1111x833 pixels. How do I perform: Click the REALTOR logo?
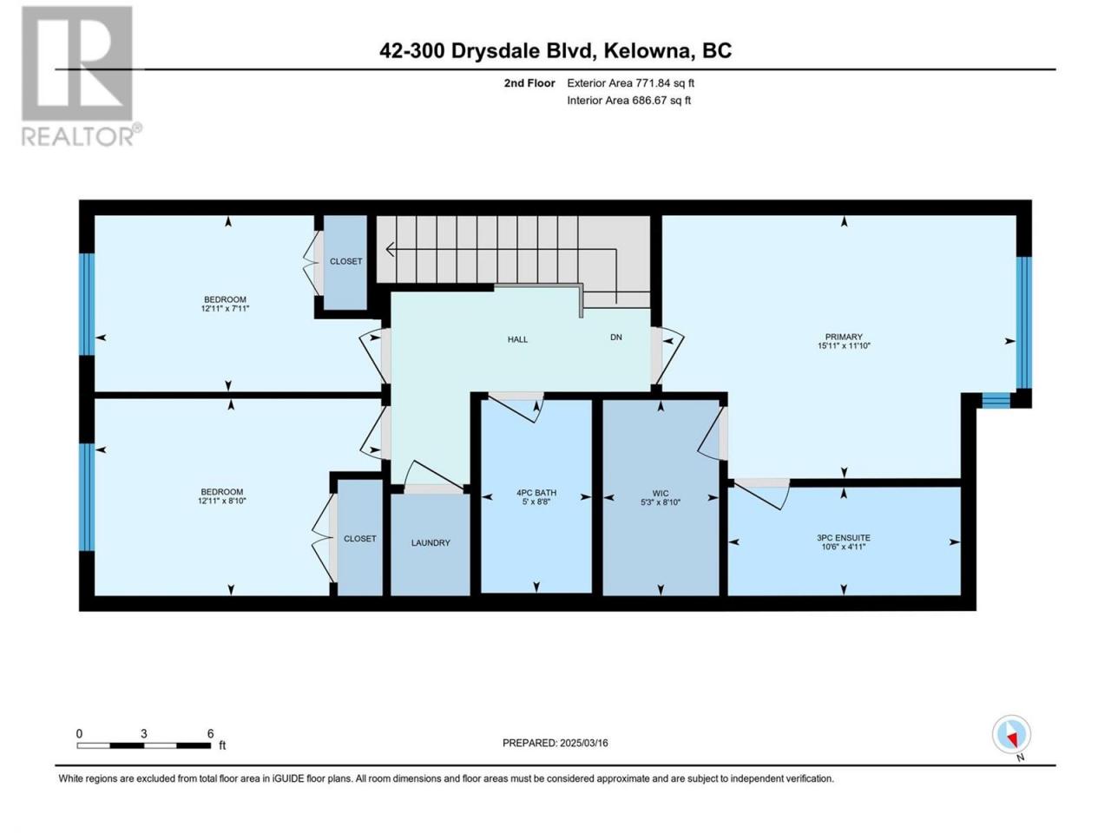pos(81,75)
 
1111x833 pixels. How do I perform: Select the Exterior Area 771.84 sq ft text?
pos(631,83)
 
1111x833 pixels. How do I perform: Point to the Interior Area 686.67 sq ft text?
pos(628,100)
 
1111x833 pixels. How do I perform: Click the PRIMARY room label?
pos(844,337)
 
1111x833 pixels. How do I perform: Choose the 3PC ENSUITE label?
pos(844,538)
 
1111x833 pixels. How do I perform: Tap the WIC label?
pos(660,493)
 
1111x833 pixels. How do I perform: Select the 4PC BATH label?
pos(536,493)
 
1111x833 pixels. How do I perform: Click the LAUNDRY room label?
pos(431,542)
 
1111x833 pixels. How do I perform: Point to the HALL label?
pos(517,339)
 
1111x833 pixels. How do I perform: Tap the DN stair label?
pos(615,338)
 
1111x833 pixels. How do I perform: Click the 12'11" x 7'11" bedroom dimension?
pos(225,309)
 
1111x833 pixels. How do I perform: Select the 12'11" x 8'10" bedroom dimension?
pos(221,501)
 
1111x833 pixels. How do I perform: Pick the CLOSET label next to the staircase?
pos(345,261)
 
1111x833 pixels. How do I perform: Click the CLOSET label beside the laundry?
pos(360,539)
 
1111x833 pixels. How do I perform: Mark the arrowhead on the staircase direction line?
pos(390,249)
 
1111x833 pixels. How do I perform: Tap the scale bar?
pos(144,745)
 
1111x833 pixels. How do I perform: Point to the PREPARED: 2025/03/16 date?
pos(555,743)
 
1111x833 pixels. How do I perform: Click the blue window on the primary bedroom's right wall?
pos(1023,322)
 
